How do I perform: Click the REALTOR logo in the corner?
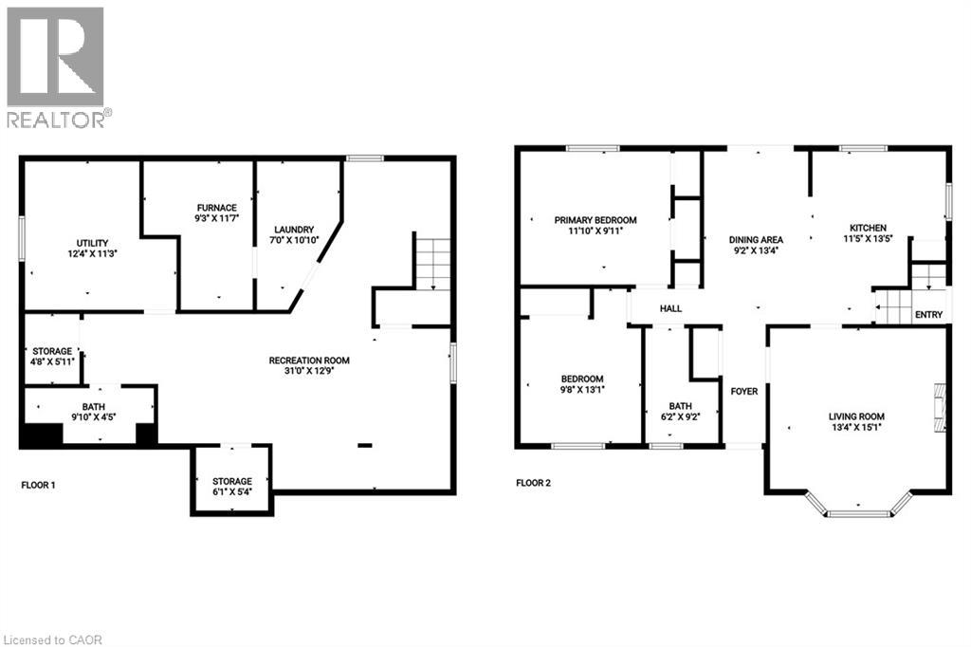tap(57, 66)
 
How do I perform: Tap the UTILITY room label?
tap(92, 242)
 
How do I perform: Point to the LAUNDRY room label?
tap(293, 230)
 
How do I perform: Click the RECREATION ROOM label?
tap(309, 360)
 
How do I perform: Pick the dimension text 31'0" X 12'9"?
tap(309, 372)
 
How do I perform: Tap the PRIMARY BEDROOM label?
tap(595, 220)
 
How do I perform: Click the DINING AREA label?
tap(756, 240)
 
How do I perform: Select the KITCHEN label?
tap(868, 228)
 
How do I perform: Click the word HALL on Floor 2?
tap(670, 308)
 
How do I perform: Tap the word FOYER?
tap(744, 391)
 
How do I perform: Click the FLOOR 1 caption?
tap(38, 485)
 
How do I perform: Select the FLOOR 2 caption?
tap(533, 483)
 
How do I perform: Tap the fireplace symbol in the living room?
tap(939, 408)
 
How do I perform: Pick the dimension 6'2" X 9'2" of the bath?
tap(681, 417)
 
